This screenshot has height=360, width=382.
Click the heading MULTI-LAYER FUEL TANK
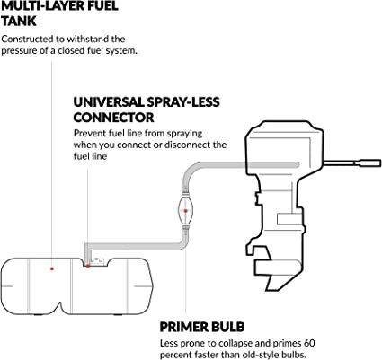coord(60,13)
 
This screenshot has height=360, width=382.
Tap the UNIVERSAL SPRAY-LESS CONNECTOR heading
coord(147,110)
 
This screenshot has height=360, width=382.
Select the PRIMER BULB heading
coord(202,327)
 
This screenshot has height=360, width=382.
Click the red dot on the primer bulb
coord(186,211)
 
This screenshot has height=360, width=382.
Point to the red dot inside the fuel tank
coord(52,268)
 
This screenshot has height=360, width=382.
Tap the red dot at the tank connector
coord(88,266)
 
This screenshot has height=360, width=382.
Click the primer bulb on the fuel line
coord(186,211)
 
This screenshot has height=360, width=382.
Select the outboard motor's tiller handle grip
coord(371,163)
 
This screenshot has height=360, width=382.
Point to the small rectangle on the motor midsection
coord(289,219)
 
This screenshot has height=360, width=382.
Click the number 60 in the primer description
coord(308,343)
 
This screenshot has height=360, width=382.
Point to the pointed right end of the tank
coord(153,286)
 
